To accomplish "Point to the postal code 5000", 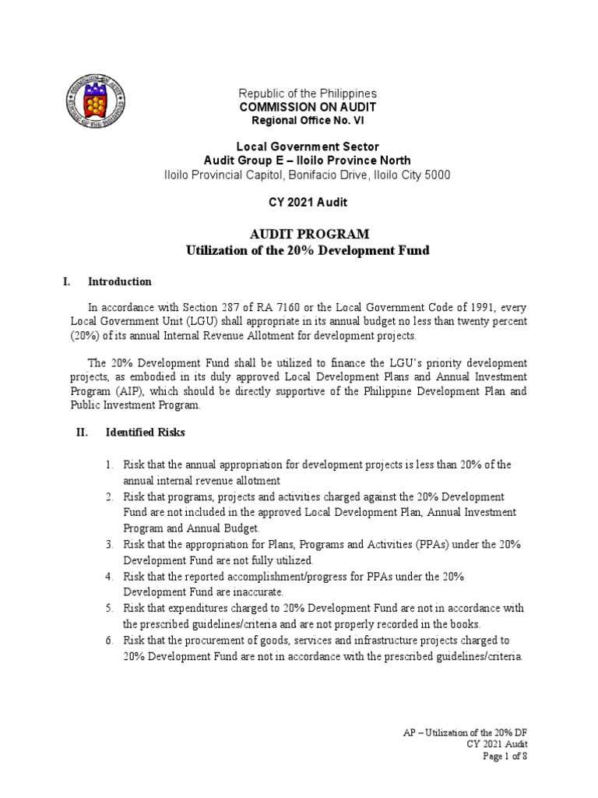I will point(435,175).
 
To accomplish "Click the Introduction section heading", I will point(120,281).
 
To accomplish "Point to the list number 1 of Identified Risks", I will point(110,465).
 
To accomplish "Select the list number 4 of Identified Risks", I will point(110,575).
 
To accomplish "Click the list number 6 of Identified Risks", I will point(110,641).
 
